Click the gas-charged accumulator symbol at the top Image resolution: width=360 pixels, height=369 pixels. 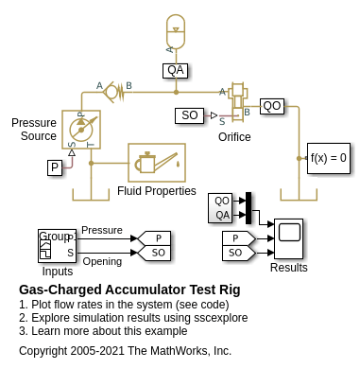(176, 31)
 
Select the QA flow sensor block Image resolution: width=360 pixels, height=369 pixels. (176, 71)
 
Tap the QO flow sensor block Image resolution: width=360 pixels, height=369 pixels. (272, 106)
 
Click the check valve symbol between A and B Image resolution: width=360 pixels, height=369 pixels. (114, 92)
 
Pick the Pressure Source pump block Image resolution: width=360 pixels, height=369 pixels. (81, 130)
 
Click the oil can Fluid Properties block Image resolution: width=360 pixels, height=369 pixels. (157, 163)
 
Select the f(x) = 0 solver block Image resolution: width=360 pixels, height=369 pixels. (329, 158)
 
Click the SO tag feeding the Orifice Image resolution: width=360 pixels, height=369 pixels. (190, 115)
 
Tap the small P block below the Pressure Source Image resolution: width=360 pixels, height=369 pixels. (55, 167)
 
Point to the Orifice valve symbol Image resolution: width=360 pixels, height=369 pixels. (238, 102)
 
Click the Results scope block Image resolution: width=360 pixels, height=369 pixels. (289, 238)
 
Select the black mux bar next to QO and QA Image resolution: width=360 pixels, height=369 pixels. (249, 208)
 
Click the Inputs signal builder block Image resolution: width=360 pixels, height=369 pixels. (57, 246)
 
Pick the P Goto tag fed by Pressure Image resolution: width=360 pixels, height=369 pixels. (154, 238)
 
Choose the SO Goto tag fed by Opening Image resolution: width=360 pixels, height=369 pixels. (154, 253)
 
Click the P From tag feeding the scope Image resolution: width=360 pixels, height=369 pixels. (239, 238)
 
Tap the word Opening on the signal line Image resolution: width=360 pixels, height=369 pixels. (102, 261)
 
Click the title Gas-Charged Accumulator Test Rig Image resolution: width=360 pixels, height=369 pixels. (129, 290)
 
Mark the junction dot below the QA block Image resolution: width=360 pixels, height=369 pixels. (176, 92)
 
